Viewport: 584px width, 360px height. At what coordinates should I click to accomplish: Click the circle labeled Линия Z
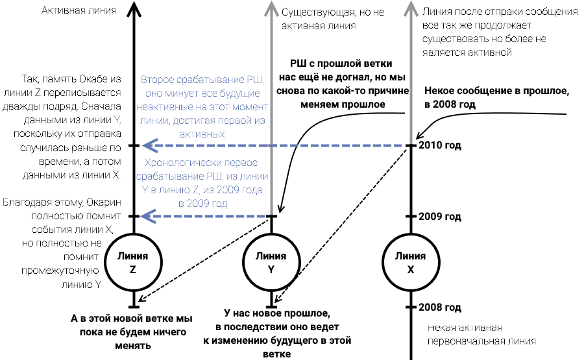point(133,263)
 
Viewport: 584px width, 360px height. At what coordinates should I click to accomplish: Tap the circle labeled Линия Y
point(272,263)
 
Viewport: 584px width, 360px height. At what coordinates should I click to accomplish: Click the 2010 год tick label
point(440,145)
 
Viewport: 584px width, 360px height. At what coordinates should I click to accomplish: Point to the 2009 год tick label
point(440,216)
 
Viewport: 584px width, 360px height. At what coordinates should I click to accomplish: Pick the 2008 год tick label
point(440,307)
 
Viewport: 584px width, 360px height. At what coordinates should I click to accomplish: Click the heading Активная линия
point(69,10)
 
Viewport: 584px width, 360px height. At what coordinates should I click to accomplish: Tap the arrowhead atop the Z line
point(133,8)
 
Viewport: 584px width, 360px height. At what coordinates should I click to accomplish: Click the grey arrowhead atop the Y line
point(272,8)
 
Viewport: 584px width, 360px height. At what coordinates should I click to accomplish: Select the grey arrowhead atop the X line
point(410,8)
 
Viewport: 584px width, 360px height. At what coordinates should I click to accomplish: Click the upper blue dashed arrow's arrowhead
point(149,145)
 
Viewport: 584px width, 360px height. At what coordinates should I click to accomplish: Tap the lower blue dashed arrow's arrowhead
point(149,216)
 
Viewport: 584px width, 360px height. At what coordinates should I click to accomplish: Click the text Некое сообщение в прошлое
point(496,98)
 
